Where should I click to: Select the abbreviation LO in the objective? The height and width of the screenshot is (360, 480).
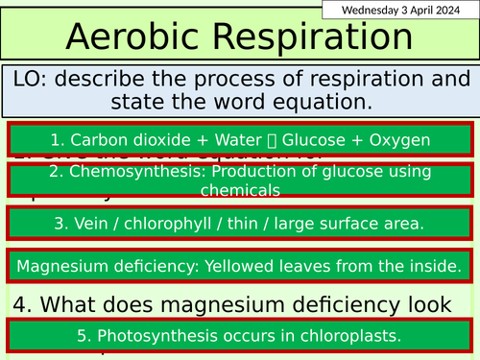pyautogui.click(x=32, y=81)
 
